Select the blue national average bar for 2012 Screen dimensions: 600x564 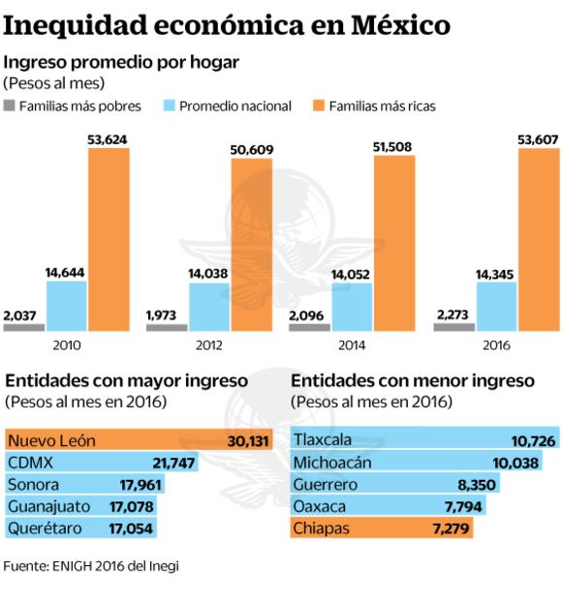coord(209,307)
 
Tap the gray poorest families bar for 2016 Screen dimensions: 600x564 coord(454,327)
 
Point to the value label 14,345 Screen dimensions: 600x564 coord(495,274)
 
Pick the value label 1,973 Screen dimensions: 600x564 coord(163,314)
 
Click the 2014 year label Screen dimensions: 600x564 coord(353,345)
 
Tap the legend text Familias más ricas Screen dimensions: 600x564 coord(380,105)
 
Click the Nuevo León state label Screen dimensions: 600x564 coord(51,440)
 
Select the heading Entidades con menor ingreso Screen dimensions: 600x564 coord(413,381)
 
